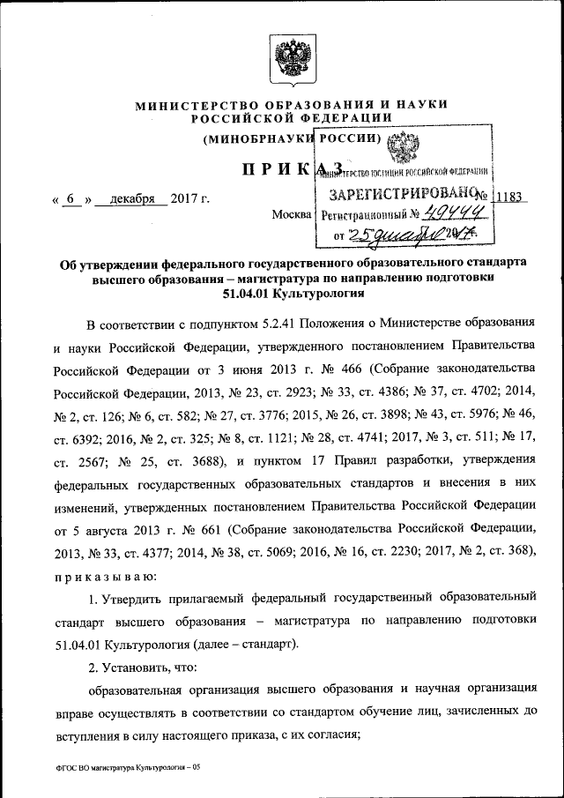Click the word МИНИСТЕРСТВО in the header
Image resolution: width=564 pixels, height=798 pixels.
point(190,105)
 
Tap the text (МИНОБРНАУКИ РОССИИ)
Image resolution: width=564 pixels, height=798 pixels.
point(292,138)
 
